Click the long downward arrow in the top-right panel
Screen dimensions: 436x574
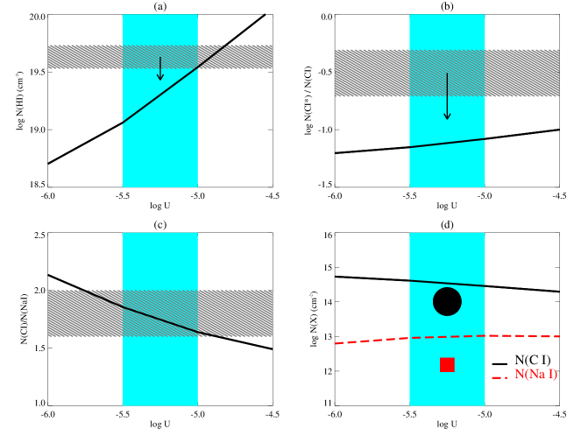[x=447, y=96]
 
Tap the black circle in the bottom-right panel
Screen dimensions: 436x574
[x=447, y=301]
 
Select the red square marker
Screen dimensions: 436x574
[x=447, y=364]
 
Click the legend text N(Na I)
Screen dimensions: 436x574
[x=535, y=375]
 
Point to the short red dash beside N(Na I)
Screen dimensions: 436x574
[x=500, y=377]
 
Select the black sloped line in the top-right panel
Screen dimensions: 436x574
[x=447, y=143]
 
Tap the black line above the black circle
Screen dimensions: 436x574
[x=447, y=283]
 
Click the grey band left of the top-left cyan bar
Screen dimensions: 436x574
[x=85, y=57]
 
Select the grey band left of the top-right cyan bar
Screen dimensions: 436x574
[x=372, y=73]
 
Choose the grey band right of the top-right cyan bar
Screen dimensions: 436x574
[x=522, y=73]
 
